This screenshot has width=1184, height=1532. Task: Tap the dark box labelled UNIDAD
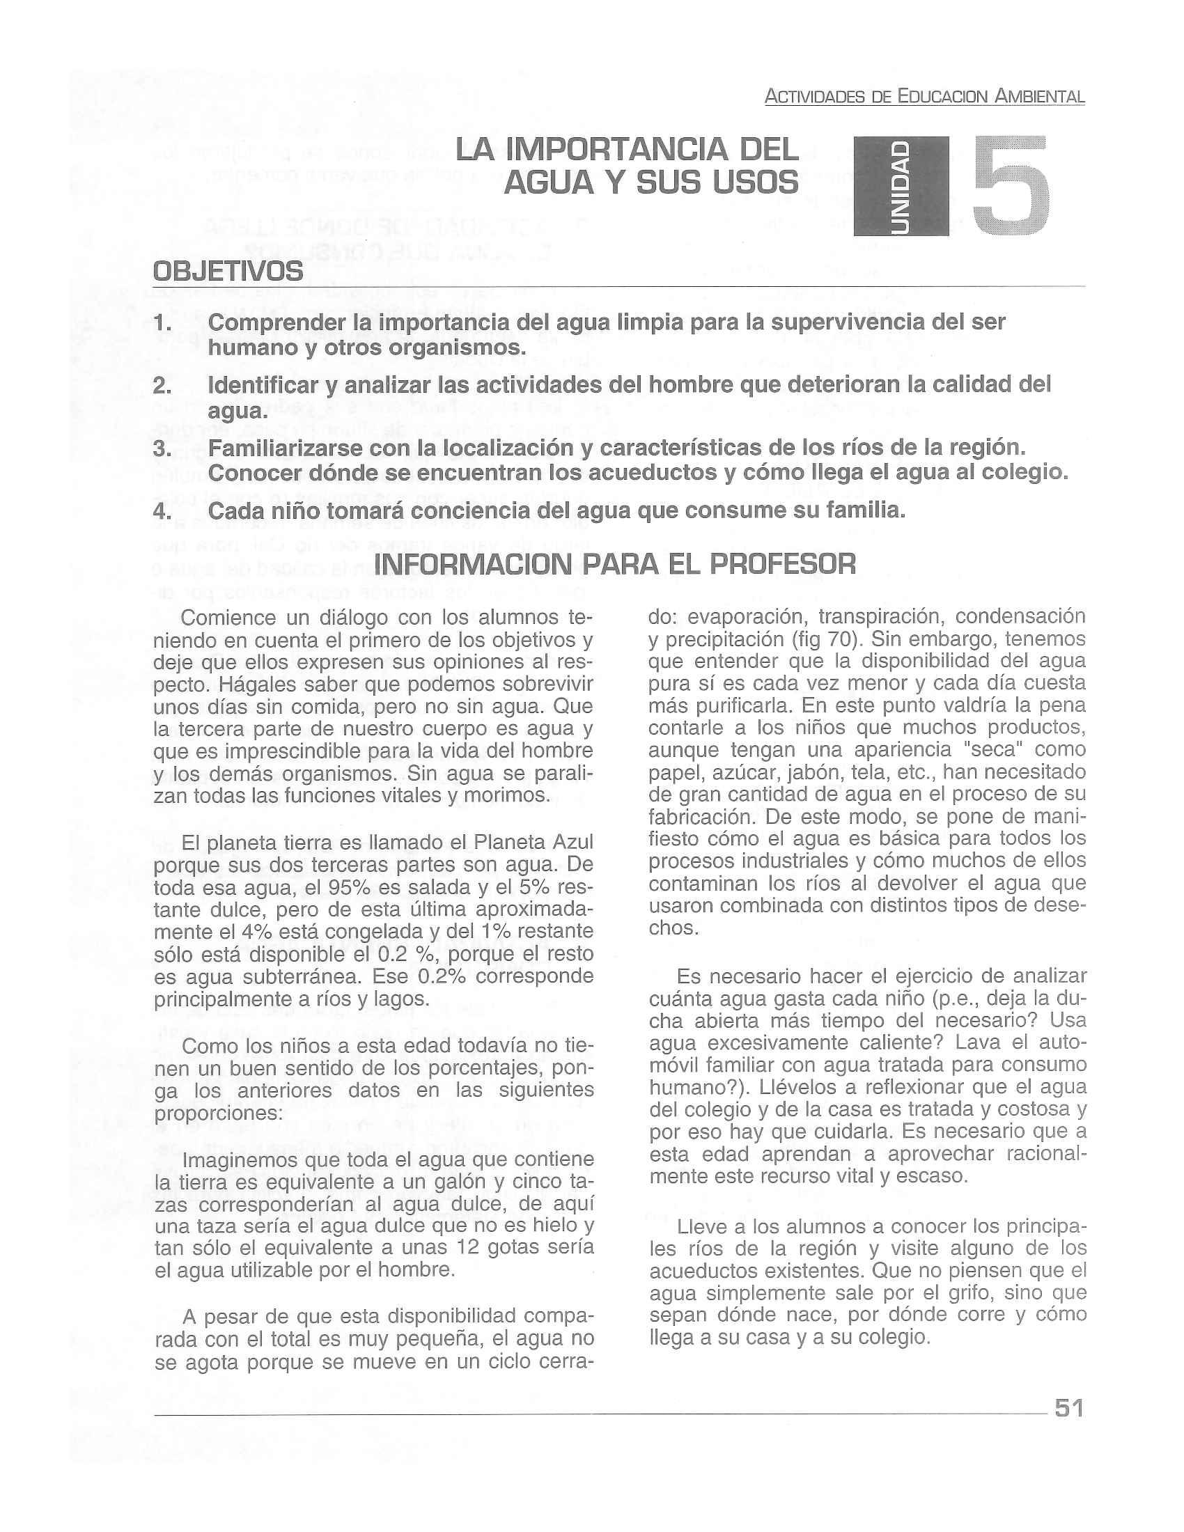901,187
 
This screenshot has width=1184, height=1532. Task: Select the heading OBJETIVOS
228,271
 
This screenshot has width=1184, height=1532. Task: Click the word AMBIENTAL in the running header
1040,97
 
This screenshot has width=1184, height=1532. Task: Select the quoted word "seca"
991,749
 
